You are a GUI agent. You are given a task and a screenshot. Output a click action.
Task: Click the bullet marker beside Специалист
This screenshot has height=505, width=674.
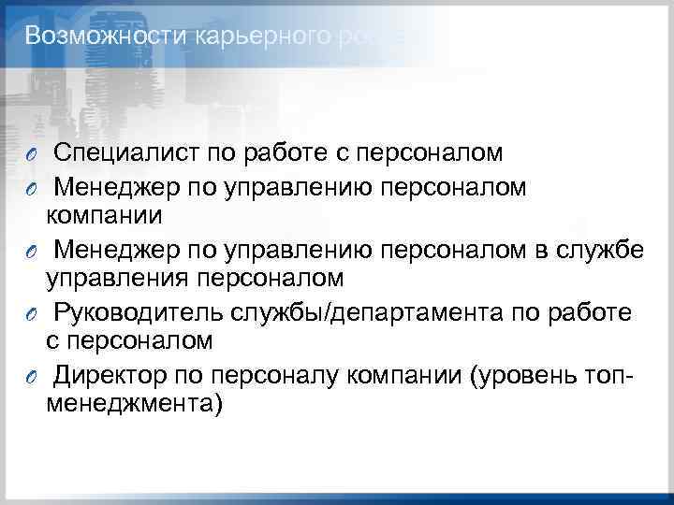(31, 153)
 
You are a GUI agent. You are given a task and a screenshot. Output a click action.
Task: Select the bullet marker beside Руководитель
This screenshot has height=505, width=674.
(31, 312)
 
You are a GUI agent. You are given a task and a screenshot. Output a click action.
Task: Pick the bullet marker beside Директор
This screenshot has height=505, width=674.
(31, 376)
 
